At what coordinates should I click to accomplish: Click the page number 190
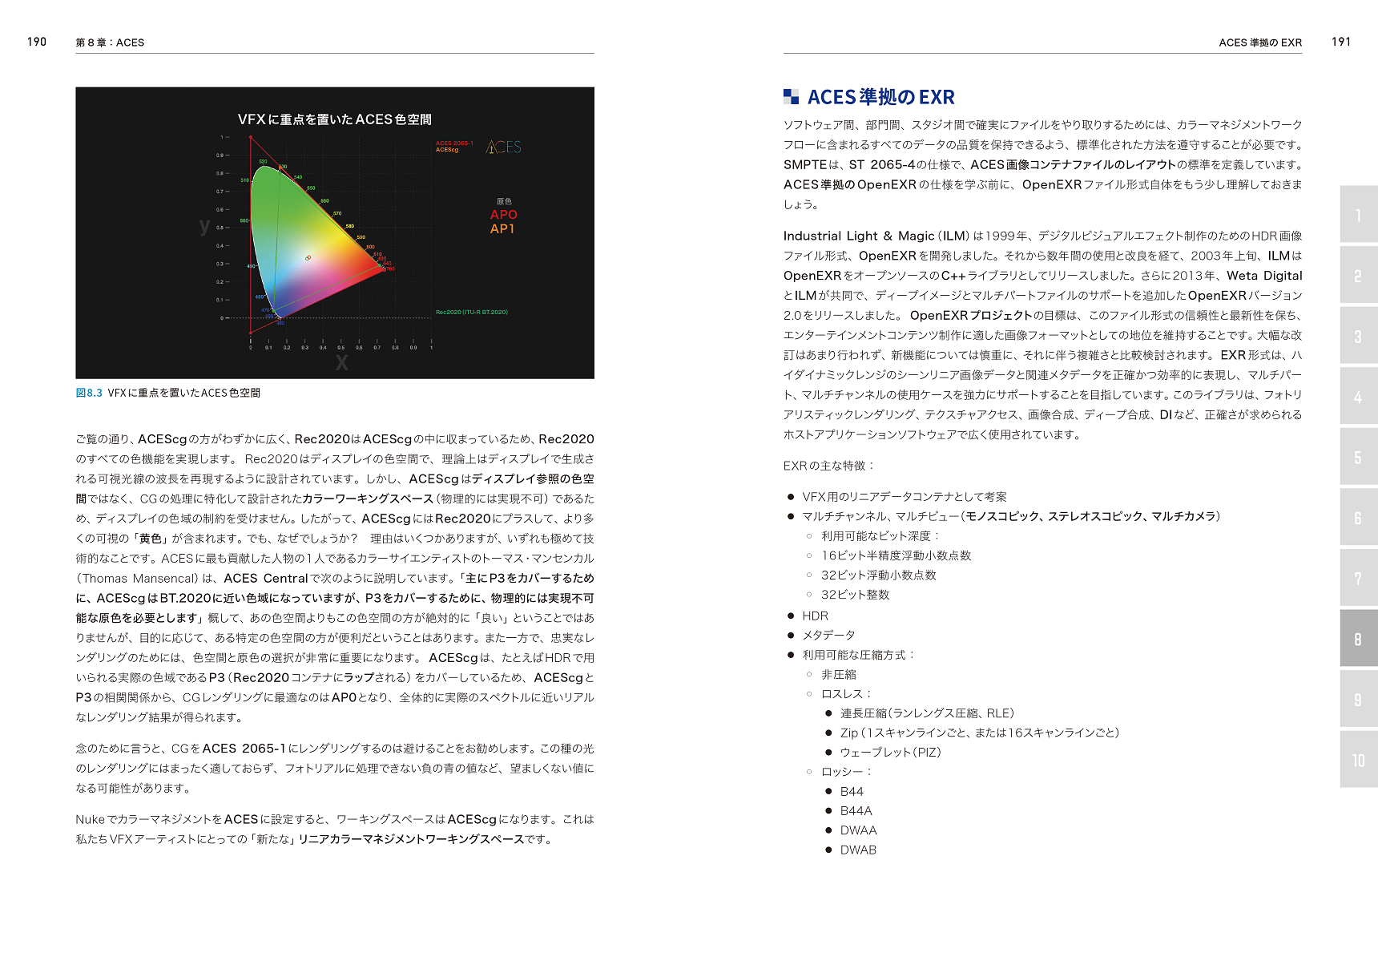click(x=37, y=42)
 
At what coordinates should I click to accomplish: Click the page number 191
click(x=1341, y=42)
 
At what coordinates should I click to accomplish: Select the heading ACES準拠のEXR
click(x=880, y=98)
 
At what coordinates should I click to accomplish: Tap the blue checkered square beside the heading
click(x=791, y=97)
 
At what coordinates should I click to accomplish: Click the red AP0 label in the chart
click(x=503, y=215)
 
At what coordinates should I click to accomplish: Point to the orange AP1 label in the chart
click(x=502, y=229)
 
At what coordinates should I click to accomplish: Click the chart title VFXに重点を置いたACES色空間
click(x=334, y=119)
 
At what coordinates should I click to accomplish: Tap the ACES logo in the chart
click(x=504, y=147)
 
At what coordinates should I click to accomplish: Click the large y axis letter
click(x=204, y=226)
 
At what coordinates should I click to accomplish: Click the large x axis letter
click(x=342, y=363)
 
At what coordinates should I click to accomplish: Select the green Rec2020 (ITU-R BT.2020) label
click(x=471, y=313)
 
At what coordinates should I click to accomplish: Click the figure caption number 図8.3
click(x=89, y=393)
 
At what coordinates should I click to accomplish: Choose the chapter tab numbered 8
click(x=1358, y=639)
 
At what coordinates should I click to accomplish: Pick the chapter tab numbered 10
click(x=1358, y=760)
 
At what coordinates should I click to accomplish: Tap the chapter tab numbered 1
click(x=1358, y=215)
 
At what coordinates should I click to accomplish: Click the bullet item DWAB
click(x=858, y=850)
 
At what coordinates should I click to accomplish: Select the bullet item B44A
click(x=856, y=811)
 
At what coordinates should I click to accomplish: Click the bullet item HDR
click(x=815, y=616)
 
